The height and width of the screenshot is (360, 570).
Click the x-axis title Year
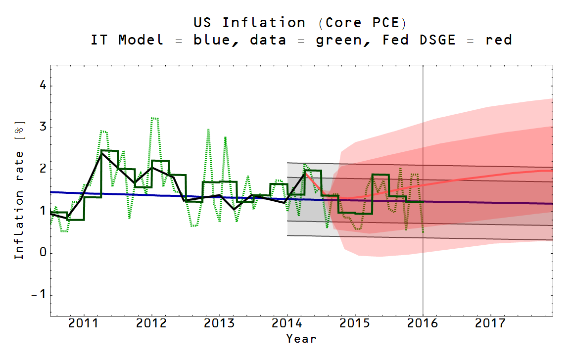pyautogui.click(x=301, y=339)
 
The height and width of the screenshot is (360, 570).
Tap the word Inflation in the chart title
pyautogui.click(x=263, y=23)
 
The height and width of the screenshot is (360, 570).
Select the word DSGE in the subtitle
pyautogui.click(x=438, y=40)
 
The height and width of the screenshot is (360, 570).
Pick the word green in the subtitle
pyautogui.click(x=339, y=40)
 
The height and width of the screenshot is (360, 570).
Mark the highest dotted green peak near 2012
pyautogui.click(x=154, y=118)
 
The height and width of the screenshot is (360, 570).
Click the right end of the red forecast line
pyautogui.click(x=552, y=170)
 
